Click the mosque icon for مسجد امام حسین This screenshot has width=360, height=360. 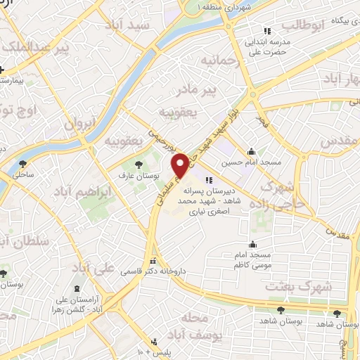(251, 151)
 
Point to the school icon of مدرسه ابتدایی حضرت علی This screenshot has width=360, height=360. (266, 31)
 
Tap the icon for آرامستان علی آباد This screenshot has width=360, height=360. (76, 289)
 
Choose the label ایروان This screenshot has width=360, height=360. (79, 124)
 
